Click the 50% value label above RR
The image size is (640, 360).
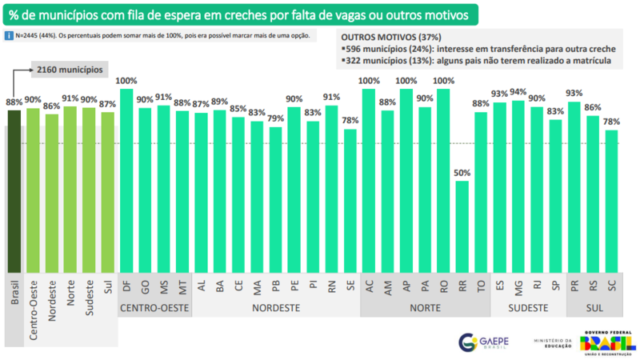(x=462, y=172)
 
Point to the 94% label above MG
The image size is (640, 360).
(x=518, y=92)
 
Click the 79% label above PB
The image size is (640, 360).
(x=275, y=119)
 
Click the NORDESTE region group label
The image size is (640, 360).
(x=276, y=307)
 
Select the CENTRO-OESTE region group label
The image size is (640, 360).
(x=154, y=307)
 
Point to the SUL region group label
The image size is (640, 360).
(x=592, y=307)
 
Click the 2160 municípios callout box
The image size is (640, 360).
(x=70, y=70)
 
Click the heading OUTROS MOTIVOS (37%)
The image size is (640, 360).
(x=390, y=37)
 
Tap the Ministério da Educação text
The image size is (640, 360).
(x=553, y=342)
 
